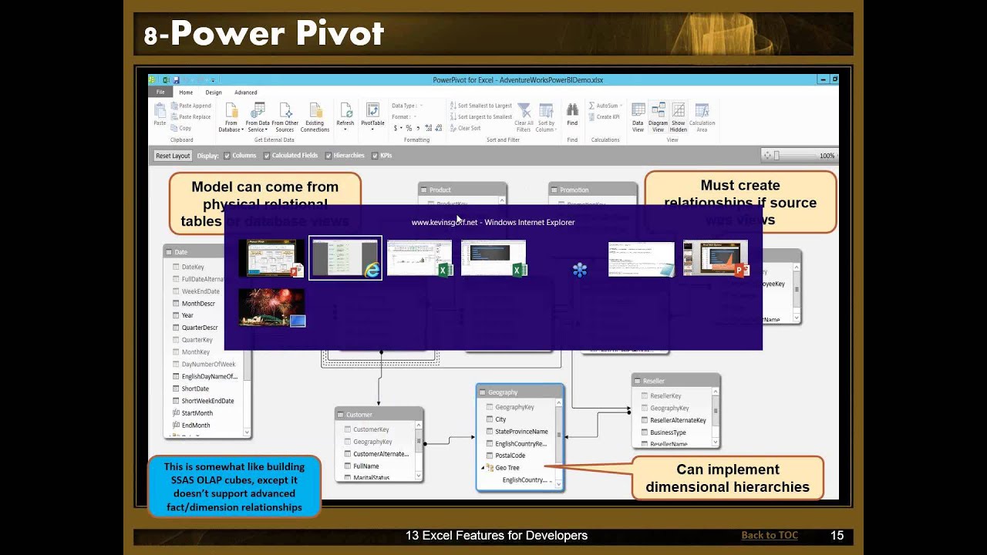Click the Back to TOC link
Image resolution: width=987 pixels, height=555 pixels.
769,535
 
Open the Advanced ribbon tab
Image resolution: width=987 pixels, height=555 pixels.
245,92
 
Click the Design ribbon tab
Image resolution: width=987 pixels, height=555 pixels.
214,92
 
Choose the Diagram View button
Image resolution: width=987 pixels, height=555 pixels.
658,116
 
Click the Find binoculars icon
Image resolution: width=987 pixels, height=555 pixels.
572,111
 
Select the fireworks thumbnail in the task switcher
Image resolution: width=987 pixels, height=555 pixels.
271,308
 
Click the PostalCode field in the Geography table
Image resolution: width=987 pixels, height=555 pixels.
510,456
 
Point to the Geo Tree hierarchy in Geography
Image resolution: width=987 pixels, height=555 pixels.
507,468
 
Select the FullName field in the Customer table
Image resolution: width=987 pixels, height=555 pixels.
365,466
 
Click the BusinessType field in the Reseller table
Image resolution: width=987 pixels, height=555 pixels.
668,432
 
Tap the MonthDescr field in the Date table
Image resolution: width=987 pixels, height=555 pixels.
198,304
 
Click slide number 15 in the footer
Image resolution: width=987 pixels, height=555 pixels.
837,535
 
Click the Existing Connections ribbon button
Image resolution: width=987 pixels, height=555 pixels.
315,116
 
